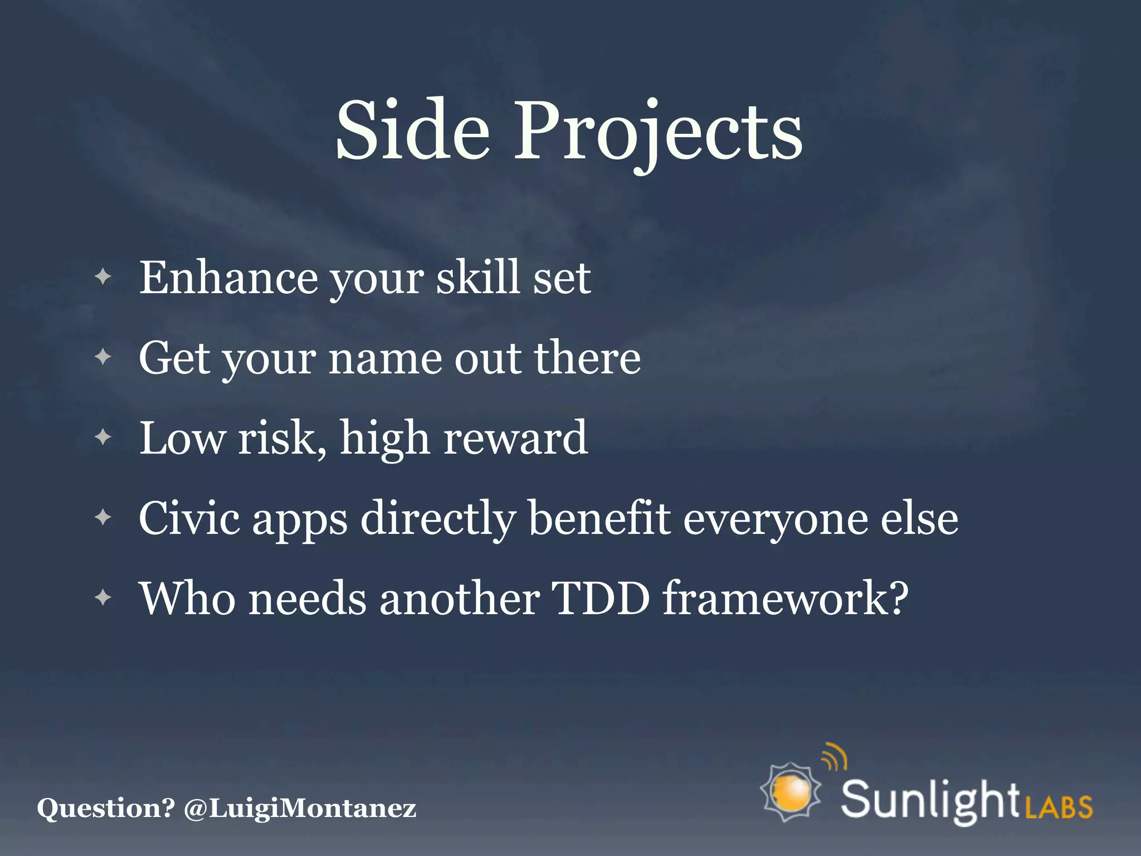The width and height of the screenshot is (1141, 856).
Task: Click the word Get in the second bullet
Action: (x=174, y=358)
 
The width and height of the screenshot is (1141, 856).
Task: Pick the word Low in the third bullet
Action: (x=182, y=438)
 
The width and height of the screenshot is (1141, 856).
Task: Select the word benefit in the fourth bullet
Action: (x=599, y=518)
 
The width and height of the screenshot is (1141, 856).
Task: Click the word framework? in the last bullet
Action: (x=786, y=599)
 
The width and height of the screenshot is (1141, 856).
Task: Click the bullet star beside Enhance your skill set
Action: (x=103, y=276)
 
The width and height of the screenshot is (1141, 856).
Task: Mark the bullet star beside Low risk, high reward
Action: (x=103, y=437)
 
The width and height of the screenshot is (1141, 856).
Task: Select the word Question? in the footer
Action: (x=106, y=808)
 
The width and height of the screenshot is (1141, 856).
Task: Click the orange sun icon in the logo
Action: (x=791, y=791)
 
